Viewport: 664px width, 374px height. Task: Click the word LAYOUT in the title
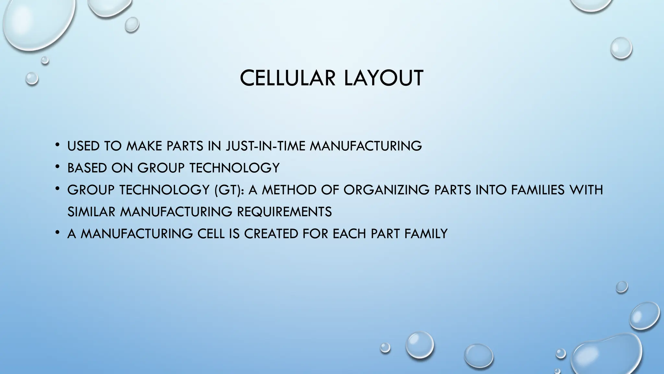coord(384,78)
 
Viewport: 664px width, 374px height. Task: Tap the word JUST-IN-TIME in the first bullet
coord(266,146)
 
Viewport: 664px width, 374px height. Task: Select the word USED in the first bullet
coord(83,146)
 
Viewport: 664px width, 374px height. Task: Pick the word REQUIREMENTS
coord(284,212)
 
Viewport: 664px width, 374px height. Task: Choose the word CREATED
coord(271,234)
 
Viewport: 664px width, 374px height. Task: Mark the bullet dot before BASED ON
coord(57,167)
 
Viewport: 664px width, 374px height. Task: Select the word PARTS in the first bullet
coord(185,146)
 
